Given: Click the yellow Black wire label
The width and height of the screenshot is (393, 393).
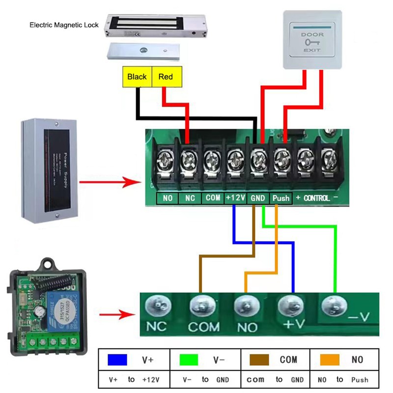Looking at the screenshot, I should point(137,77).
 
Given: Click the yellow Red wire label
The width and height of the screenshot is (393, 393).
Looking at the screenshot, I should point(166,77).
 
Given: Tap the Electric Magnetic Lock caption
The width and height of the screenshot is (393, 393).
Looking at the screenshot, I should point(64,25).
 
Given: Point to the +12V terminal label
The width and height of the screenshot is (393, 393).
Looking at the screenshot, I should point(235,198).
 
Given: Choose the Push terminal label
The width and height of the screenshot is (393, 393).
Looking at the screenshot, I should point(281,198).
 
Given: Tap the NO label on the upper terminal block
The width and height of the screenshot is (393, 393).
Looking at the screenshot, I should point(168,198).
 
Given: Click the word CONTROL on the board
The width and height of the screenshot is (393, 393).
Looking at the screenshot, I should point(316,198).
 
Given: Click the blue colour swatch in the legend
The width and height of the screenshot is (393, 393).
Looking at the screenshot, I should point(118,360).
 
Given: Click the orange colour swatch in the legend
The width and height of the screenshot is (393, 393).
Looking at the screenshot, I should point(329,360).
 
